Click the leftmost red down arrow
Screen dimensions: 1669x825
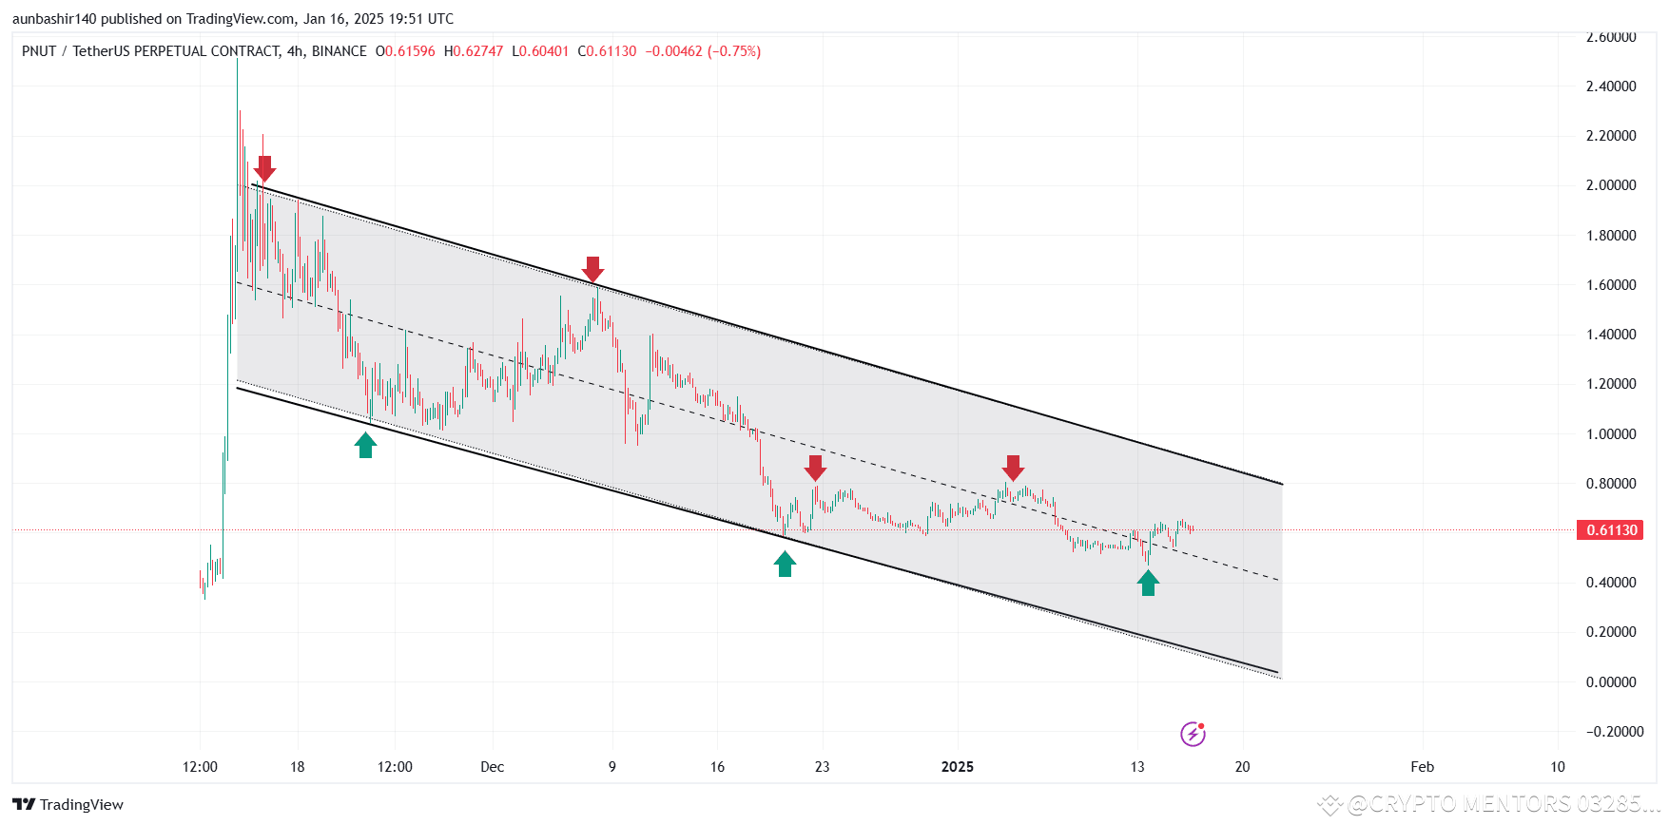(264, 169)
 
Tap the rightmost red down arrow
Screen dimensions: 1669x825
(1013, 468)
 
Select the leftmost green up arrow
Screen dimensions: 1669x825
(365, 445)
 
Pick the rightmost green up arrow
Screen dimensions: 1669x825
(1148, 583)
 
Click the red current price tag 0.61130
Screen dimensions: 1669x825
(1610, 530)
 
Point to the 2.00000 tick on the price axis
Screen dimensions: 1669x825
(1611, 185)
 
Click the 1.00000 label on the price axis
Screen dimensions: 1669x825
(1611, 434)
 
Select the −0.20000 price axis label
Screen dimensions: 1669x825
(1615, 732)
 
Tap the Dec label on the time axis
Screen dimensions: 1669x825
(492, 767)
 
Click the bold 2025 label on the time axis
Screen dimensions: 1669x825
(958, 767)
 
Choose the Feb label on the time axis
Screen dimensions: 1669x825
(1423, 767)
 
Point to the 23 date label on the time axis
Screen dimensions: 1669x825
(822, 767)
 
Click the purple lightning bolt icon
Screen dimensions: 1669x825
(1193, 734)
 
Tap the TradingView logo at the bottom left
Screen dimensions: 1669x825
(68, 805)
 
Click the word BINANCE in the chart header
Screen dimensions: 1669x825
(340, 51)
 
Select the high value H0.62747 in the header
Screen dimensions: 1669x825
(474, 51)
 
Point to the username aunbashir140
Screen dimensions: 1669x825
(54, 19)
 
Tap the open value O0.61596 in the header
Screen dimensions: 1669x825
(405, 51)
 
